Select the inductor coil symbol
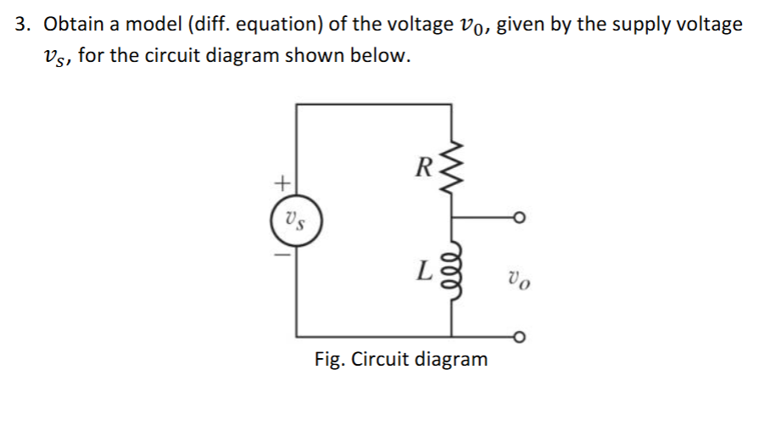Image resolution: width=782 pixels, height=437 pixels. [x=451, y=272]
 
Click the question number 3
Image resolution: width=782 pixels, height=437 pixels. [x=22, y=25]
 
